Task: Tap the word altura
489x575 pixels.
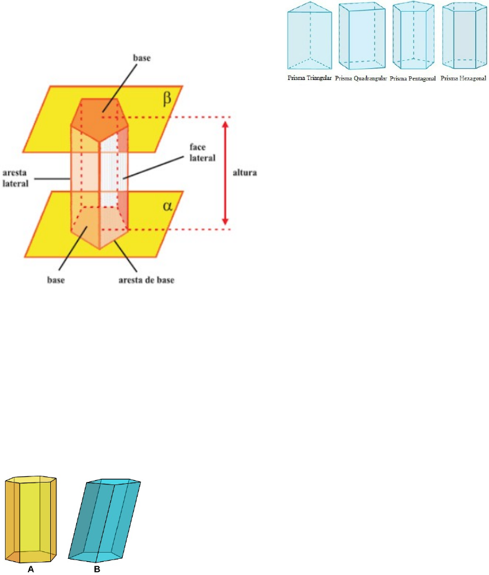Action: (x=244, y=174)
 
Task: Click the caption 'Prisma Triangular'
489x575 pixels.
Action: (x=310, y=79)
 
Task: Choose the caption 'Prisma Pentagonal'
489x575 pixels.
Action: (x=414, y=79)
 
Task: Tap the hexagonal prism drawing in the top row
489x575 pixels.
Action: (x=464, y=38)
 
